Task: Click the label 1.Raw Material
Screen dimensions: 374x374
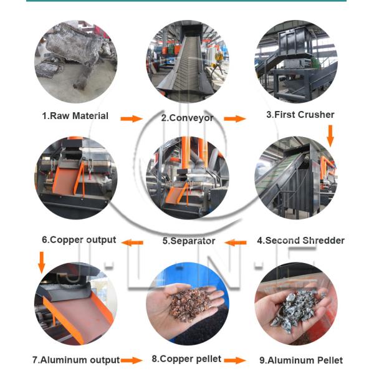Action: pyautogui.click(x=75, y=116)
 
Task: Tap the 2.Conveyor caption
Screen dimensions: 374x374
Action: pyautogui.click(x=187, y=117)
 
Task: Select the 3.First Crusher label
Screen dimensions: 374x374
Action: pyautogui.click(x=300, y=115)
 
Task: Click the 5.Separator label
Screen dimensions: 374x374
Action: pyautogui.click(x=189, y=241)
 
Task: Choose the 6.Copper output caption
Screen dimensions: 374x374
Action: pyautogui.click(x=79, y=239)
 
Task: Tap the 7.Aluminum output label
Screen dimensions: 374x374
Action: pyautogui.click(x=75, y=360)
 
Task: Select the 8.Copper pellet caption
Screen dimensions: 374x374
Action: pyautogui.click(x=186, y=359)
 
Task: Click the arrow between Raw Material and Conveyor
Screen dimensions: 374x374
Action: pyautogui.click(x=131, y=118)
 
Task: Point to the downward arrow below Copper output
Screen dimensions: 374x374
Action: pyautogui.click(x=41, y=262)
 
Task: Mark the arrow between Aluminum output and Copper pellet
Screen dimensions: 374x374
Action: pyautogui.click(x=132, y=360)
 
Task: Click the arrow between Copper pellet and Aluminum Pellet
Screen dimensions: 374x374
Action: pyautogui.click(x=235, y=360)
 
